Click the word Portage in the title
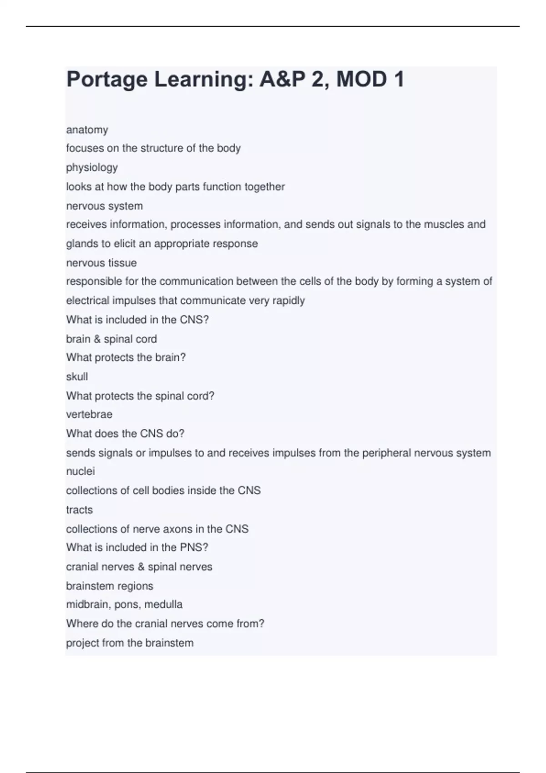point(107,80)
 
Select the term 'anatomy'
point(87,130)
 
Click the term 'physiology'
point(92,168)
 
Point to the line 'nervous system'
point(105,206)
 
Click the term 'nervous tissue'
point(101,263)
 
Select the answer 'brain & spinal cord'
point(111,339)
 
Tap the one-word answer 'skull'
point(77,377)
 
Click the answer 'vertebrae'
point(89,414)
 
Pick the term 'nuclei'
point(81,471)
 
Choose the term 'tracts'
point(80,510)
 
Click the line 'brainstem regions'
point(110,586)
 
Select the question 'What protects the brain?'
point(126,357)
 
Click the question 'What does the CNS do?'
point(125,433)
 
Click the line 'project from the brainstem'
point(130,643)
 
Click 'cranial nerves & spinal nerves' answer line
point(139,567)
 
